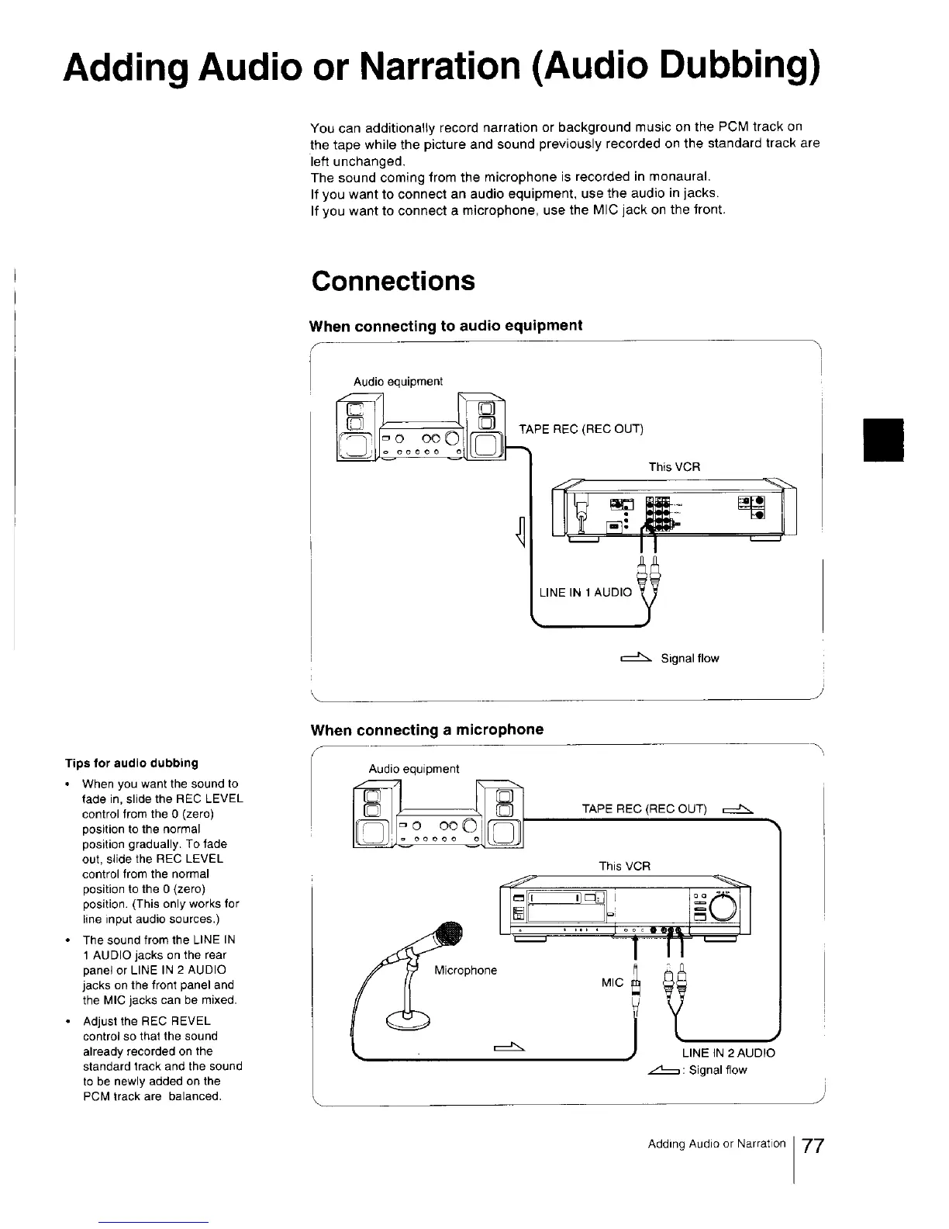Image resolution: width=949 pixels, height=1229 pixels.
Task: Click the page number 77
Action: [x=813, y=1146]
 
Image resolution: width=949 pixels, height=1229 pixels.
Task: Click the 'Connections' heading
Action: [x=393, y=281]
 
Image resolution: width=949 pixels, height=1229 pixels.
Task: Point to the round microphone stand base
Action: [x=406, y=1020]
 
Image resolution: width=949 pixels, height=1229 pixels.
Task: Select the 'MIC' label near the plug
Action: [x=612, y=983]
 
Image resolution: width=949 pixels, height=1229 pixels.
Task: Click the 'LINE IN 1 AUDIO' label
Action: [x=585, y=592]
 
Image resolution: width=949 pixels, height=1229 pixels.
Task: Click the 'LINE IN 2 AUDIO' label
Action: [x=728, y=1053]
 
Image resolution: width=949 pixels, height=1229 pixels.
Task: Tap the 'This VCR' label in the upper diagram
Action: [x=674, y=467]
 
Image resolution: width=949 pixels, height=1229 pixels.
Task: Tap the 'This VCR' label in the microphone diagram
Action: [x=624, y=866]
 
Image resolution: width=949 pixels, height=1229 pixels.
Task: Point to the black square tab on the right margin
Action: [x=884, y=440]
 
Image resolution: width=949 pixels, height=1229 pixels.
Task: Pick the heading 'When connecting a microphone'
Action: [x=426, y=729]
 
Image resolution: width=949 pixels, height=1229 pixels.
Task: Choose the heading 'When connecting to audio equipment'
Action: [x=446, y=326]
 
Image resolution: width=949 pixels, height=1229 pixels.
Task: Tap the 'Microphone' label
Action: [x=465, y=970]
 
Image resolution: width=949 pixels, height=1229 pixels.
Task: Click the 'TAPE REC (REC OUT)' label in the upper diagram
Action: [x=581, y=429]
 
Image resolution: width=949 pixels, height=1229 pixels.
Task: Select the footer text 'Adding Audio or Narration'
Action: [x=716, y=1144]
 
